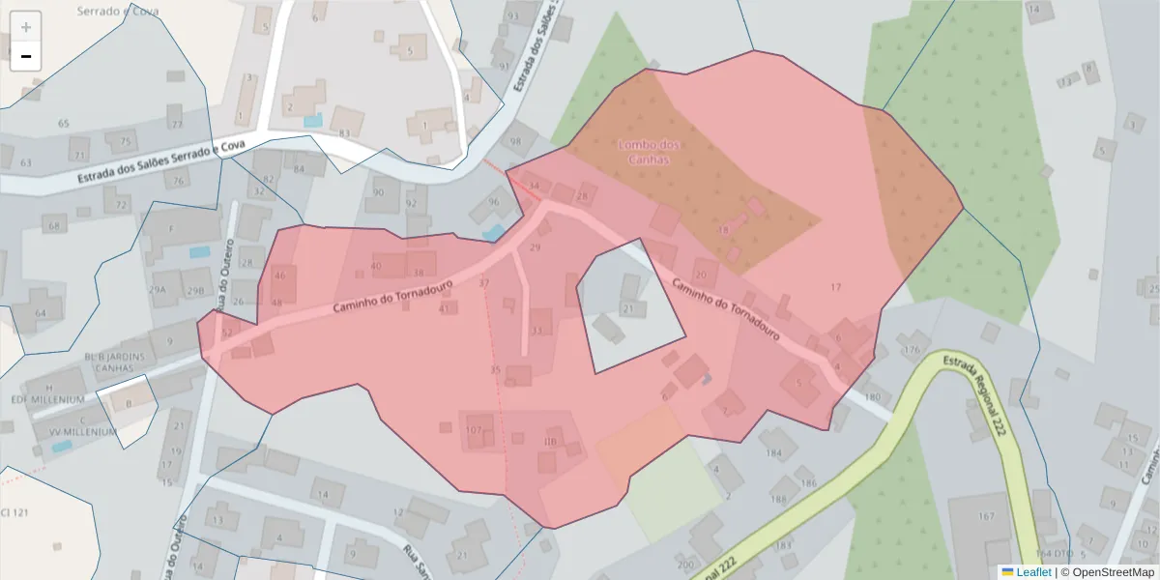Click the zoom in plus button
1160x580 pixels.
(x=26, y=27)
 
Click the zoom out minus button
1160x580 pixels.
(x=26, y=56)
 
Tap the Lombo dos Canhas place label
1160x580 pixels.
(x=649, y=152)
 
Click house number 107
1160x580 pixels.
(x=474, y=430)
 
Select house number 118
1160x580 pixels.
(x=551, y=442)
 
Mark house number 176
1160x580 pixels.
(x=911, y=349)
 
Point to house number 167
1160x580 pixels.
(x=985, y=516)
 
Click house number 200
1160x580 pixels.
(x=685, y=565)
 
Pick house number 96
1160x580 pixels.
(x=494, y=202)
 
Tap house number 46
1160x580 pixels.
(x=280, y=275)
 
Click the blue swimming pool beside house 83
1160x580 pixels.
(x=312, y=121)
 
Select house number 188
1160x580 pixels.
(x=778, y=499)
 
